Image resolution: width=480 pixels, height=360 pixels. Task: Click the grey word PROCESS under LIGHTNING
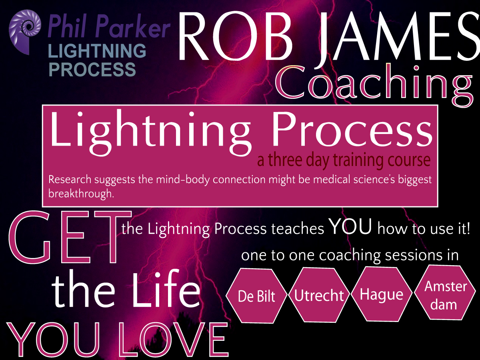click(92, 70)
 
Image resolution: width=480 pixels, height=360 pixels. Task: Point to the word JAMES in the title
click(396, 37)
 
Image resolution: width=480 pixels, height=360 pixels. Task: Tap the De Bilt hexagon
click(256, 296)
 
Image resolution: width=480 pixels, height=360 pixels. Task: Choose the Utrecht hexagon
click(319, 295)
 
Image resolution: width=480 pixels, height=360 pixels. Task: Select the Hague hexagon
click(382, 294)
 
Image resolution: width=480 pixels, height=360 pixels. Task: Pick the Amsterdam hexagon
click(445, 293)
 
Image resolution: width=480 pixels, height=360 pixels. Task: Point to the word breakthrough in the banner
click(81, 194)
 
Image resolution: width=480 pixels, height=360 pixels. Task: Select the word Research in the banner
click(70, 180)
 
